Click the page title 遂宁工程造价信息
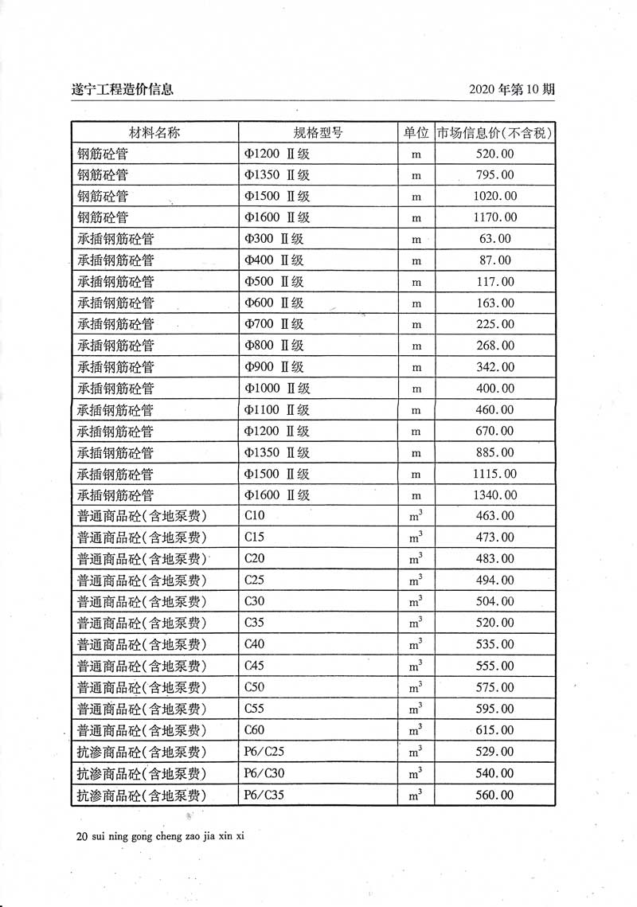click(123, 89)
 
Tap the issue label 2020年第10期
click(512, 89)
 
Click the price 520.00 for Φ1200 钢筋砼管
click(494, 154)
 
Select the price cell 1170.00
click(494, 217)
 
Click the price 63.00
click(494, 238)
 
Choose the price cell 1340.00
click(494, 495)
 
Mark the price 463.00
click(494, 516)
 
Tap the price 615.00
click(494, 730)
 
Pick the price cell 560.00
click(494, 795)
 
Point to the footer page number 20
click(80, 837)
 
